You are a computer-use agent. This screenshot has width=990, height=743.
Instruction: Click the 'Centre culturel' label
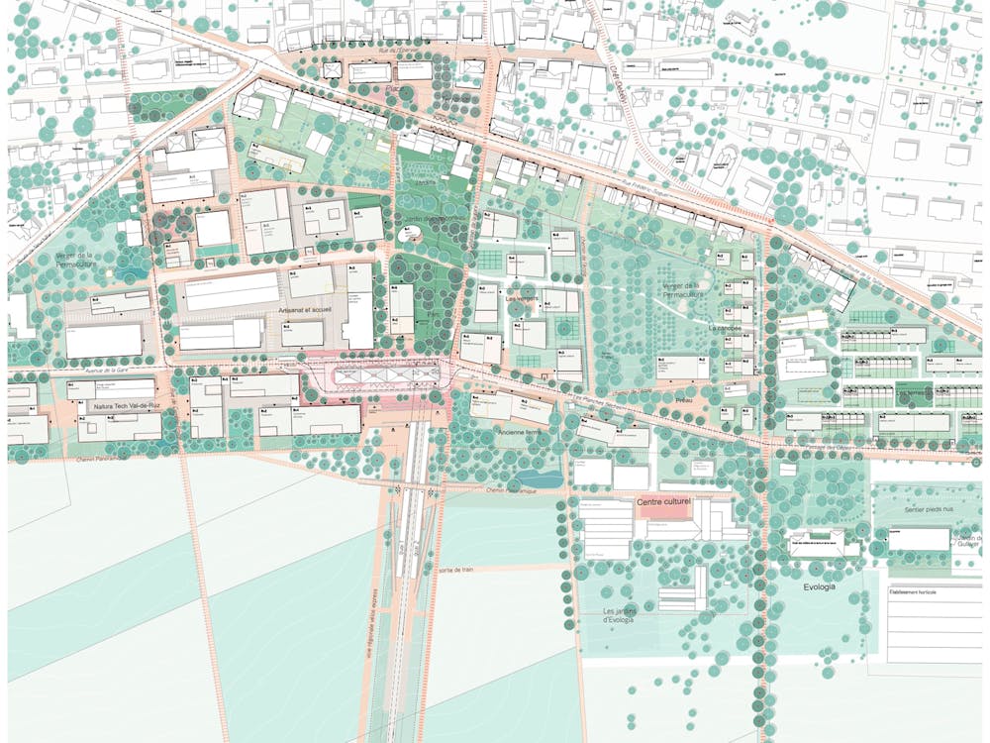(x=662, y=503)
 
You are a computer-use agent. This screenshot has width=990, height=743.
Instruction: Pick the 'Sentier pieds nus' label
(x=920, y=510)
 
